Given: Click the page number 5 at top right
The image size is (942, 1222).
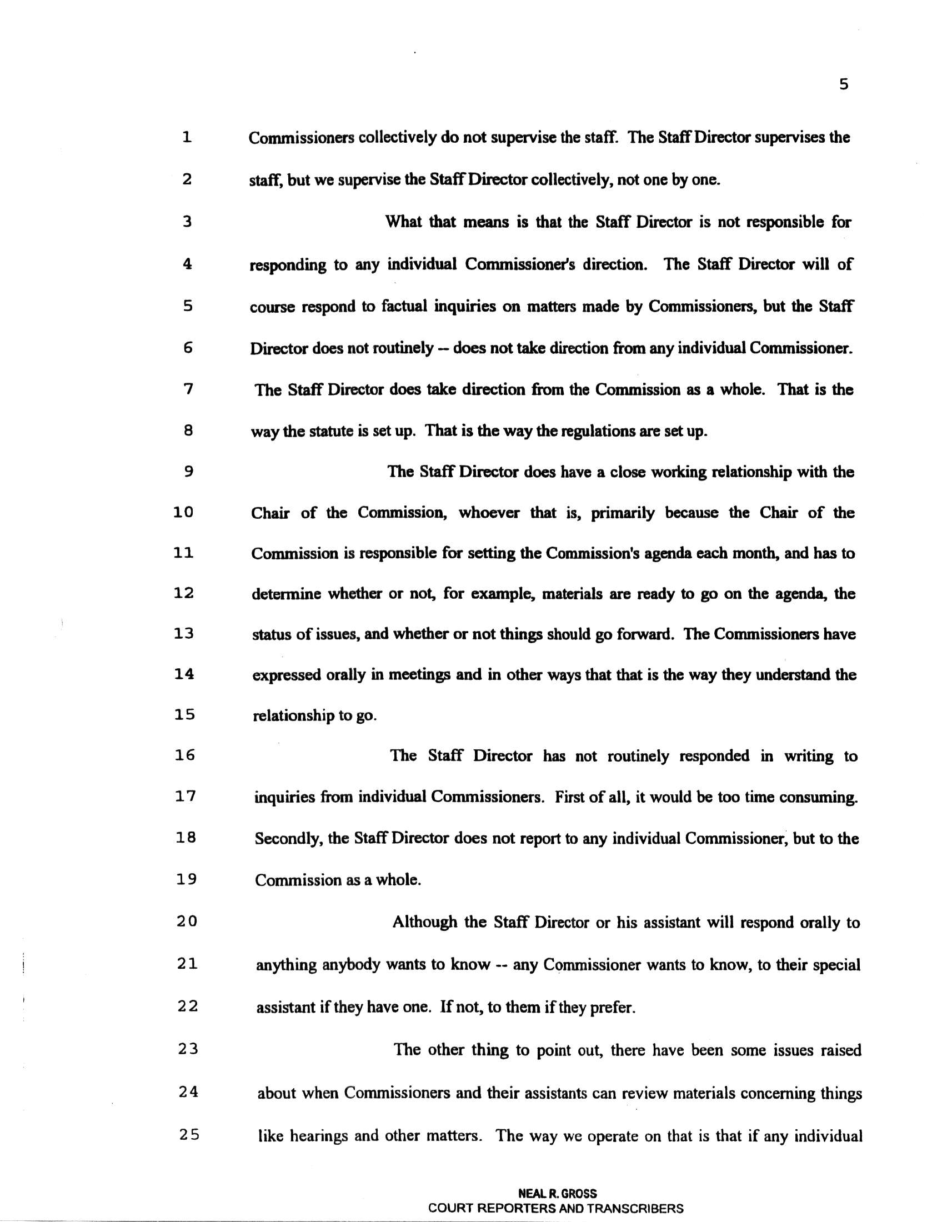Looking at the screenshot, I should pyautogui.click(x=844, y=85).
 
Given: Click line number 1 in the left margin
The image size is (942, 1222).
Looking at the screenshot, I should pyautogui.click(x=187, y=137).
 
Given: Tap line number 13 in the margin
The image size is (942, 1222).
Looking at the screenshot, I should pyautogui.click(x=184, y=634).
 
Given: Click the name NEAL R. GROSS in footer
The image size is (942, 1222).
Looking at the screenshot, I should pyautogui.click(x=557, y=1193).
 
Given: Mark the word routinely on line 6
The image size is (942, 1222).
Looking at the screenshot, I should pyautogui.click(x=403, y=349).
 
